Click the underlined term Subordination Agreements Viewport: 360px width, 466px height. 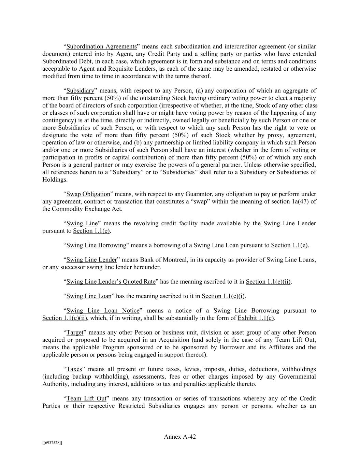(101, 46)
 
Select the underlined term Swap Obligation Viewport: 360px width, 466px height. (88, 194)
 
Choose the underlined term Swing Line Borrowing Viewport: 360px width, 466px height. (96, 245)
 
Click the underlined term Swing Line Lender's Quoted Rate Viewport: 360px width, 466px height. (111, 282)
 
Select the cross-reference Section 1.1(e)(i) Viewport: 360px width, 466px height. (223, 296)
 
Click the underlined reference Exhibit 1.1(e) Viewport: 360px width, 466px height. (256, 318)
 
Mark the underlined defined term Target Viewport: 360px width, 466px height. (75, 333)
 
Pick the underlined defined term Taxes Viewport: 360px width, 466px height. (74, 369)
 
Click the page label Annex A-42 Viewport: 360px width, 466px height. (180, 437)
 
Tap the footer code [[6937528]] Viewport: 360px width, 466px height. (52, 443)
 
